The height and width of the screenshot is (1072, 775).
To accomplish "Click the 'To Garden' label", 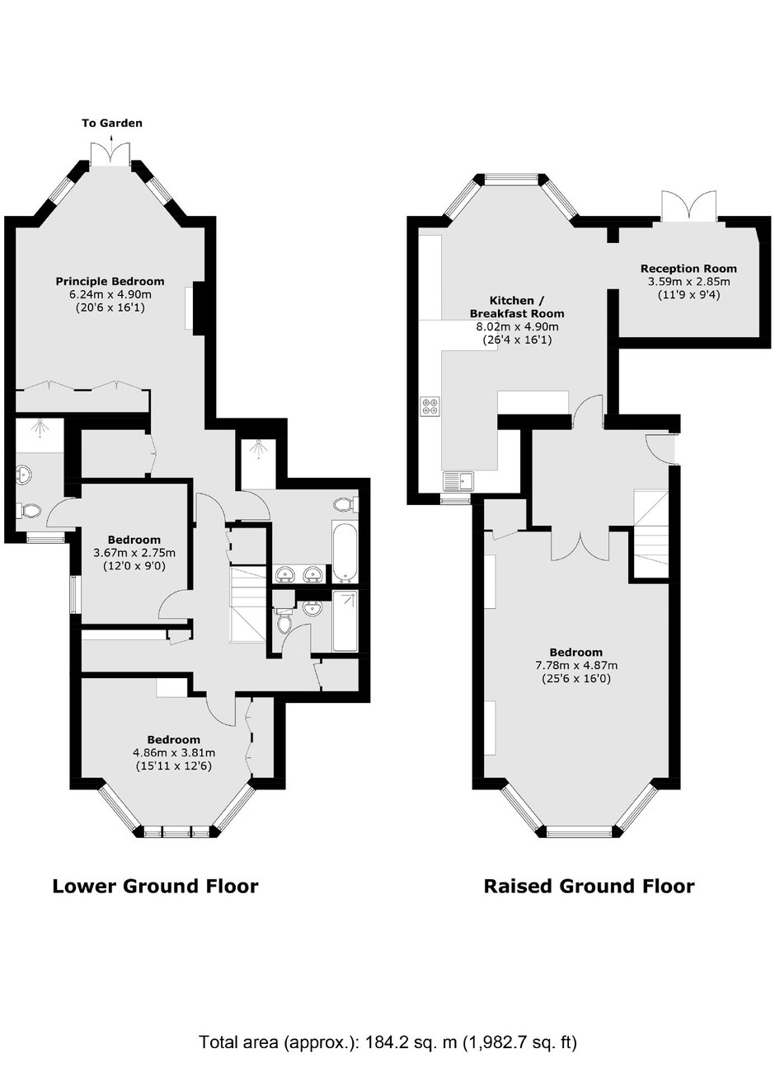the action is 112,123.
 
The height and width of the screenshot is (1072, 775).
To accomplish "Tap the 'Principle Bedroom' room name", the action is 110,281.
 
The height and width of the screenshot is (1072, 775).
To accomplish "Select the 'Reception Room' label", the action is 688,269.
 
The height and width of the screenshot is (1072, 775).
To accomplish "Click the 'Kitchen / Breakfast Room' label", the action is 517,307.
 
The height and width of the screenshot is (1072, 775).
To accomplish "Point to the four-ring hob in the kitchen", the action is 430,406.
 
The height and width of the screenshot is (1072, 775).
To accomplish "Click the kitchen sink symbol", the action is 458,481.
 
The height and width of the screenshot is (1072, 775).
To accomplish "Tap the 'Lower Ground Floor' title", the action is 155,886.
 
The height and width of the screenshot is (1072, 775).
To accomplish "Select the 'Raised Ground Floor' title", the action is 589,886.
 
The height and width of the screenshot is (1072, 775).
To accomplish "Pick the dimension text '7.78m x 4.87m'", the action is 576,665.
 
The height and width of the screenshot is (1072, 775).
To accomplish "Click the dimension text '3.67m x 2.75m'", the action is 134,553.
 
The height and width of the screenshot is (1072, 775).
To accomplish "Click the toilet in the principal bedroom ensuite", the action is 29,510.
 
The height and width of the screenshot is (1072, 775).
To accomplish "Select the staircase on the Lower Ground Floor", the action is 248,606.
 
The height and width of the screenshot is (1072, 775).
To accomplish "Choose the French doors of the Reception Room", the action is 688,206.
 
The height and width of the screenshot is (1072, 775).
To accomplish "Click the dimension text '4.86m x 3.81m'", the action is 173,752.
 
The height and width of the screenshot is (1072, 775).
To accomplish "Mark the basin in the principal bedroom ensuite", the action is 24,475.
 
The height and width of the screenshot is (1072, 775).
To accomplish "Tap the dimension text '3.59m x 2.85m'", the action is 688,282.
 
